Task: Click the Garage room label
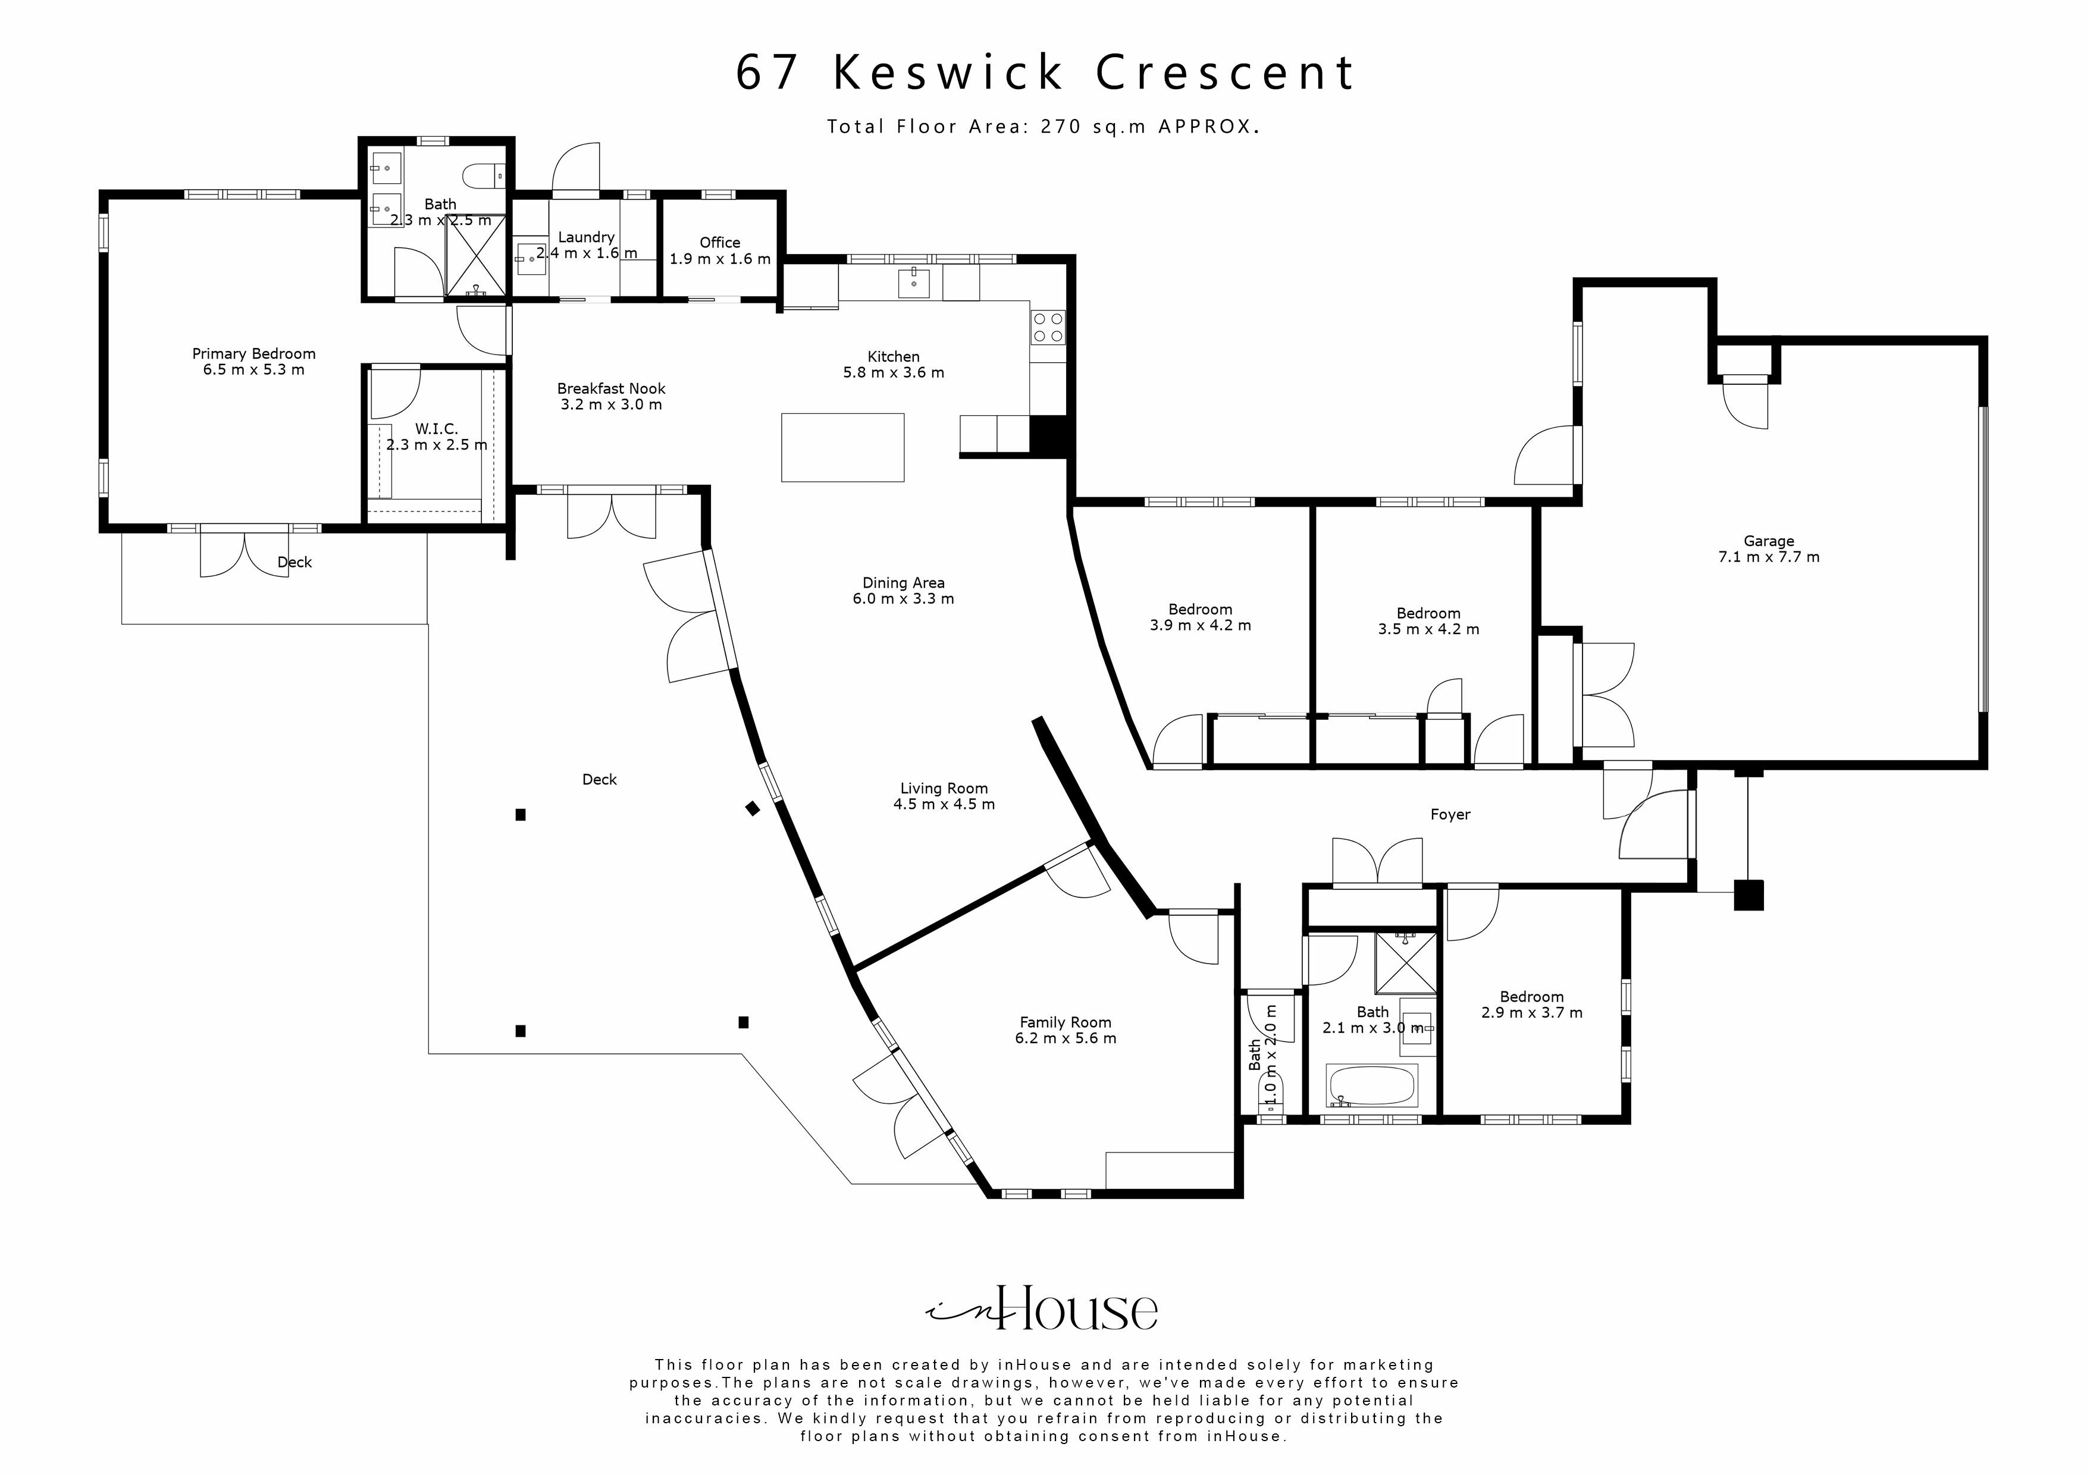point(1768,541)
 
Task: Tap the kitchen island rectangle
point(842,447)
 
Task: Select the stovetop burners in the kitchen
point(1047,327)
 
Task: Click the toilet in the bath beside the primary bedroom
point(480,172)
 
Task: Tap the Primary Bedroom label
point(253,353)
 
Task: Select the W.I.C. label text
point(436,428)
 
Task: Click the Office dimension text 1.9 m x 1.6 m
point(720,259)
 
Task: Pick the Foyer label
point(1450,814)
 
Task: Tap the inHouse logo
point(1042,1308)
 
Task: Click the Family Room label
point(1066,1022)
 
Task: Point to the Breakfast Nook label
point(611,388)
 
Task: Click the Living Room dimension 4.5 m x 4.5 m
point(944,804)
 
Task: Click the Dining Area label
point(903,582)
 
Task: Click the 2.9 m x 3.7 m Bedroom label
point(1531,997)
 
